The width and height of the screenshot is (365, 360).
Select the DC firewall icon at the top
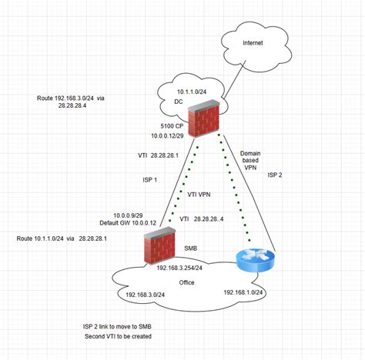[x=203, y=118]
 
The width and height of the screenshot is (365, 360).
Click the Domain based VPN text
[x=252, y=162]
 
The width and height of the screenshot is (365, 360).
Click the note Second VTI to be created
[x=118, y=336]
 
